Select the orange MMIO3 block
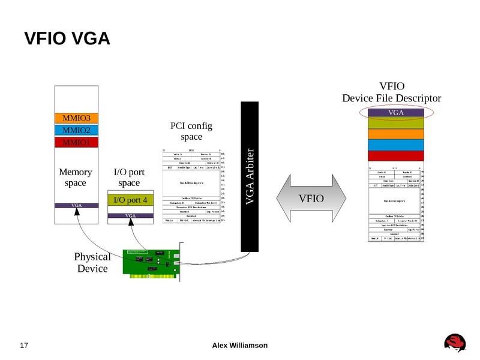(x=76, y=118)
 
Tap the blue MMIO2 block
(x=76, y=130)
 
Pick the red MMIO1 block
(x=76, y=143)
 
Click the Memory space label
(x=76, y=178)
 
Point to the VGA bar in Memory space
(x=76, y=205)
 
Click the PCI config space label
(x=191, y=131)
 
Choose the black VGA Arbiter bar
(x=251, y=177)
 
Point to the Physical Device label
(x=92, y=262)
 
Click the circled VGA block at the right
(x=395, y=112)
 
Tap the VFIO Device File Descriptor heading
(x=392, y=92)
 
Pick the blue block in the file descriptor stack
(x=396, y=145)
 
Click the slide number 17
(x=25, y=346)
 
